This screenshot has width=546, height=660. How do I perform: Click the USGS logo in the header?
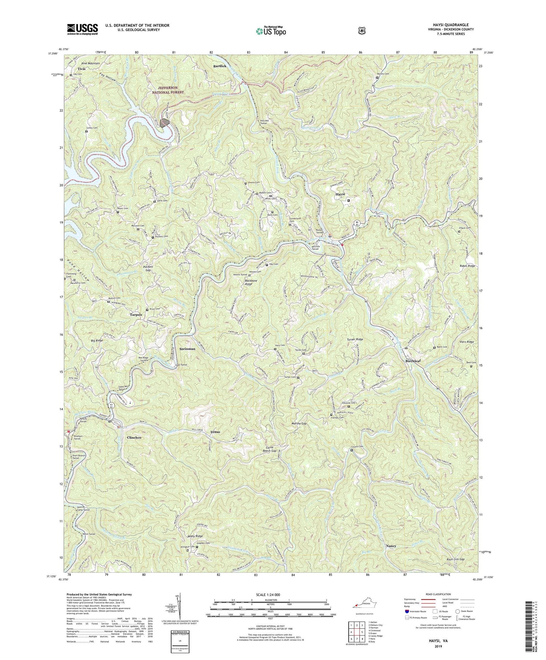click(82, 29)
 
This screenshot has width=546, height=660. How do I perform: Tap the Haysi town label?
click(340, 195)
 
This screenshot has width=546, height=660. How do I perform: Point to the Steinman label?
click(187, 349)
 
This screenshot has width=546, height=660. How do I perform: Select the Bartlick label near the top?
click(219, 66)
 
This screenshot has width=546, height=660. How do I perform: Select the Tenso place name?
click(215, 432)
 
